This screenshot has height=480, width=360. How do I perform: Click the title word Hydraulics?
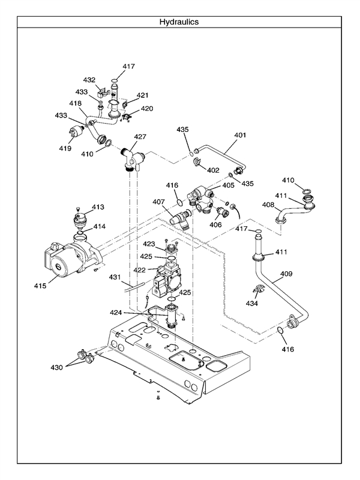pyautogui.click(x=179, y=22)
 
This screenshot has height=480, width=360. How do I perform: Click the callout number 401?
pyautogui.click(x=240, y=135)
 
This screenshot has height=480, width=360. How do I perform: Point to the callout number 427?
pyautogui.click(x=140, y=137)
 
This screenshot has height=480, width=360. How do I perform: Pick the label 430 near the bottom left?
pyautogui.click(x=56, y=366)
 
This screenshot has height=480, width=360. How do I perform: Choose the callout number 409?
pyautogui.click(x=286, y=274)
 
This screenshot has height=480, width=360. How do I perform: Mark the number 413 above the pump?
pyautogui.click(x=98, y=207)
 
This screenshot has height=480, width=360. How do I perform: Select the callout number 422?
pyautogui.click(x=139, y=270)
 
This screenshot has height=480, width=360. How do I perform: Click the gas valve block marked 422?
pyautogui.click(x=169, y=280)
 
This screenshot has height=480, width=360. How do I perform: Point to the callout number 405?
pyautogui.click(x=228, y=185)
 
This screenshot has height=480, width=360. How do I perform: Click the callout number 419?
pyautogui.click(x=65, y=148)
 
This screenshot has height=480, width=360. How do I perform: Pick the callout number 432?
pyautogui.click(x=89, y=80)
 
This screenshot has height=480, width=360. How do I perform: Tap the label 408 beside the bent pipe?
pyautogui.click(x=268, y=205)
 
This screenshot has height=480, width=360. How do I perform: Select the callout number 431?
pyautogui.click(x=115, y=277)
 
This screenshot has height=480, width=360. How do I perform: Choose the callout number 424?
pyautogui.click(x=133, y=312)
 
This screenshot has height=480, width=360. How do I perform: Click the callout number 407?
pyautogui.click(x=158, y=202)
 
